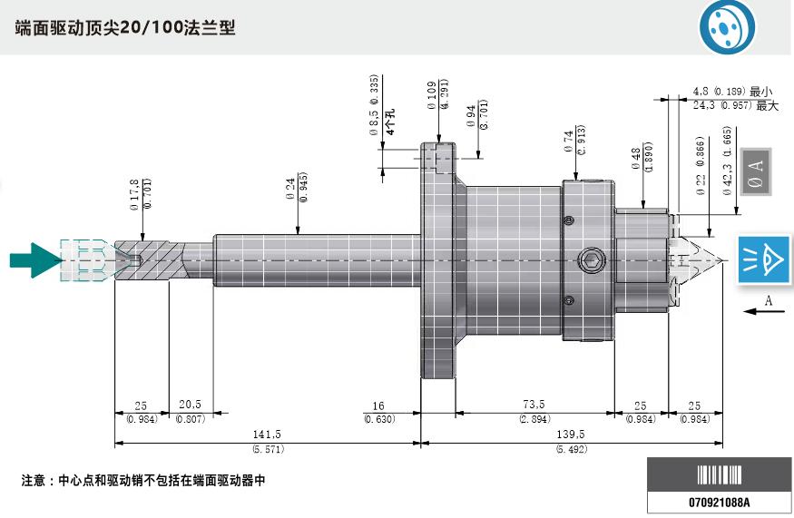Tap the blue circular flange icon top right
[x=727, y=28]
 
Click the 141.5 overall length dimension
[x=267, y=435]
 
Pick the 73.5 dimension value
[x=534, y=406]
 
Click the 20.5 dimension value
[x=190, y=406]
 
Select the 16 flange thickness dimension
[x=379, y=406]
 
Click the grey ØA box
[x=755, y=171]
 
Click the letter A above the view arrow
[x=768, y=299]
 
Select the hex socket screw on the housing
[x=591, y=262]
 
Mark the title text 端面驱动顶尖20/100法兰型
[x=125, y=28]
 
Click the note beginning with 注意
[x=143, y=480]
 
